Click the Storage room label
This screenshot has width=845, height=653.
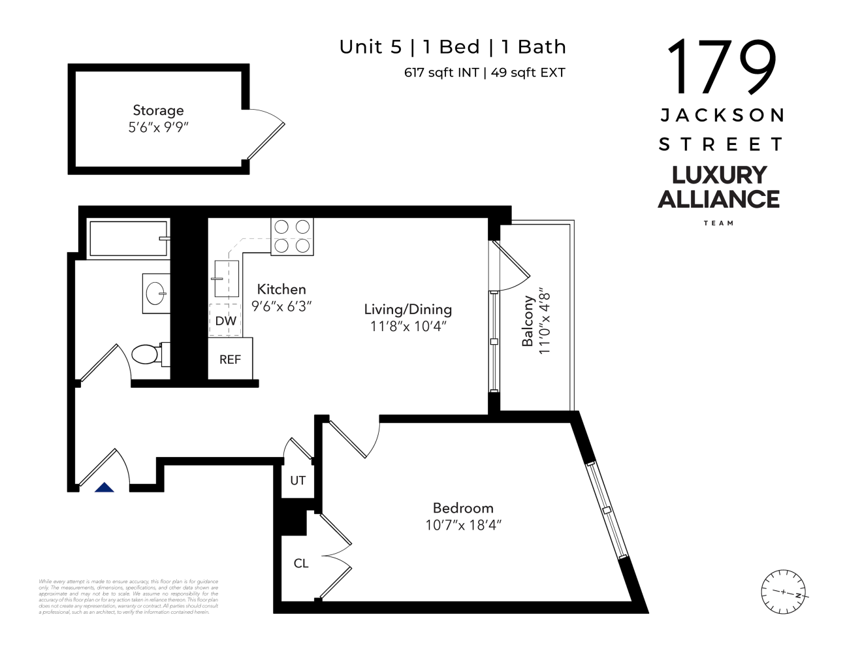[158, 110]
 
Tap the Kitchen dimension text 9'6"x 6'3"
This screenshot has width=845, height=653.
[281, 306]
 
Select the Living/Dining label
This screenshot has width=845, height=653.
[407, 310]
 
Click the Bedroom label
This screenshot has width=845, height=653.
[463, 508]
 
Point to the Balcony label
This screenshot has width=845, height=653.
[528, 321]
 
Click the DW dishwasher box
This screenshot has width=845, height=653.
[225, 321]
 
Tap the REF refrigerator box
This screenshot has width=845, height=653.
[230, 359]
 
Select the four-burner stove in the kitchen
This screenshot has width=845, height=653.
[292, 236]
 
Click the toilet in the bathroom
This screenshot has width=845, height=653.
[148, 355]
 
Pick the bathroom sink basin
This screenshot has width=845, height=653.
[156, 293]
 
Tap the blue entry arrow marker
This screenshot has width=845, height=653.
[104, 487]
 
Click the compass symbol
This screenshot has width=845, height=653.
[783, 592]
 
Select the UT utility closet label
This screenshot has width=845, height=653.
[298, 481]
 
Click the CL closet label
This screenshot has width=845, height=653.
[301, 563]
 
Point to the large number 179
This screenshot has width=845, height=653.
[721, 67]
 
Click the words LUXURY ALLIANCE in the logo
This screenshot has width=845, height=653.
[718, 187]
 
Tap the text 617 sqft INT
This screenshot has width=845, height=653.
[441, 72]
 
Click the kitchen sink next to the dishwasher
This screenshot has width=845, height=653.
[226, 279]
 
